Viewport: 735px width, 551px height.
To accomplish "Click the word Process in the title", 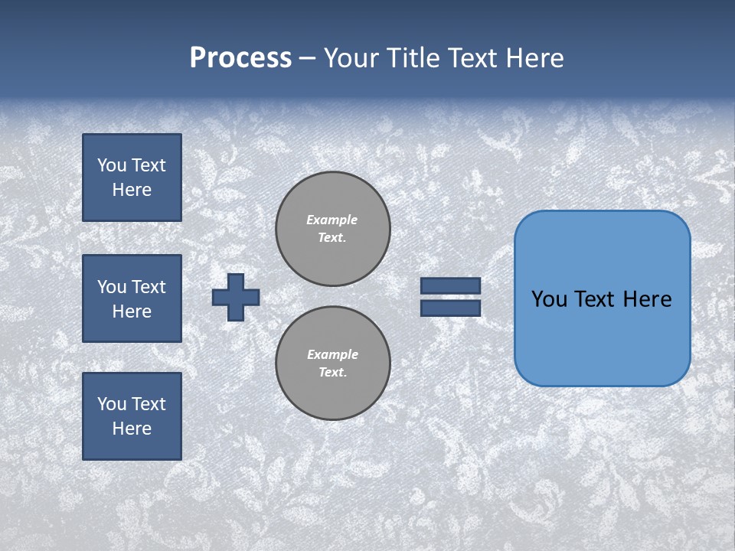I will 240,58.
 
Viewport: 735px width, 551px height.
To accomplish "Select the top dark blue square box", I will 132,178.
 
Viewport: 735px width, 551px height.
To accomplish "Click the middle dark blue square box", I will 132,298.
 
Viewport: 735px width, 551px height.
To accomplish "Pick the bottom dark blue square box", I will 132,416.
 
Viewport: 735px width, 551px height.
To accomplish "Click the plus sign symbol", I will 236,297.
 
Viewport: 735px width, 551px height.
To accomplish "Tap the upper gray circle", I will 333,229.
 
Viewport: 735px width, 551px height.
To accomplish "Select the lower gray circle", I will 333,364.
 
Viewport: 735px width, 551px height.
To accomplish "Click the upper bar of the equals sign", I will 450,286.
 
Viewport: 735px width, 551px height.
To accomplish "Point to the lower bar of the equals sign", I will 450,308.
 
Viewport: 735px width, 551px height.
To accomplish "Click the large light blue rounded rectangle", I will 602,298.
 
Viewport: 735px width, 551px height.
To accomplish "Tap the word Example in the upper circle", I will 332,220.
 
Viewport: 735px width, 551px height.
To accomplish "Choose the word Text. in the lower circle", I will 333,373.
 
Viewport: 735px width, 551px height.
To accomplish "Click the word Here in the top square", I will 132,190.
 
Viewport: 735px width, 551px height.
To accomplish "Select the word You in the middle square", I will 112,287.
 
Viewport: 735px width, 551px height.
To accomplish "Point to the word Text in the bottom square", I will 149,404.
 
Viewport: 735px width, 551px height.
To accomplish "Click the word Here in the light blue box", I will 648,299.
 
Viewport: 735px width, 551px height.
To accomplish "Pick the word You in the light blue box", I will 549,299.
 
